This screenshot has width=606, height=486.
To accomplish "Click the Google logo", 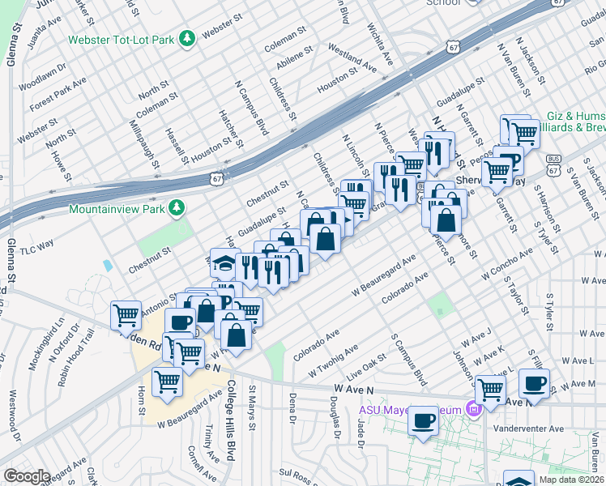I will click(27, 476).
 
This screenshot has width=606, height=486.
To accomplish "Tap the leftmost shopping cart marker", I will click(126, 314).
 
